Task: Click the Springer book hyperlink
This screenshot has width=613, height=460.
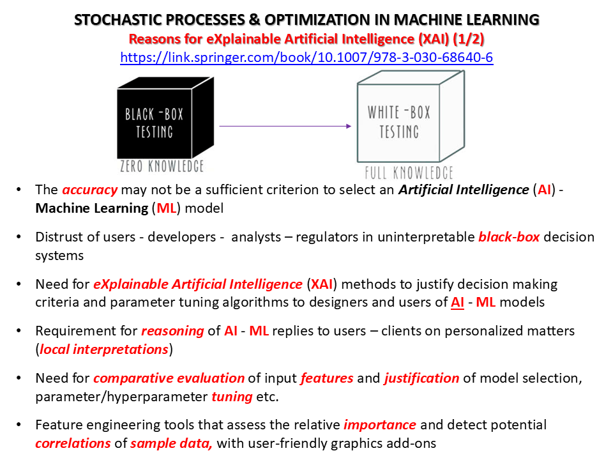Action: (x=306, y=57)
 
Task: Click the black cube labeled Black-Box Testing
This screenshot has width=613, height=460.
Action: (x=165, y=118)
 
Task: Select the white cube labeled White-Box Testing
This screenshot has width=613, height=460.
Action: (x=411, y=116)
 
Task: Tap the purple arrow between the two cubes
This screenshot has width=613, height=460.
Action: (x=285, y=126)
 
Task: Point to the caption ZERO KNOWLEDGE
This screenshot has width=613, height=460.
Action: (x=162, y=166)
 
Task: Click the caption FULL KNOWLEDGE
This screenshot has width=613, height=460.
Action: (x=409, y=172)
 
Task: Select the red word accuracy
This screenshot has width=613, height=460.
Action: (x=89, y=190)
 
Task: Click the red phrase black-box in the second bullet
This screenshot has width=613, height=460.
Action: (x=509, y=236)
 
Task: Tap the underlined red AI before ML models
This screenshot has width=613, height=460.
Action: (x=457, y=302)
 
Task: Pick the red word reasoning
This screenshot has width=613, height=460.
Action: (x=172, y=331)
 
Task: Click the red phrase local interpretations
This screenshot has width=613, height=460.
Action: (x=104, y=349)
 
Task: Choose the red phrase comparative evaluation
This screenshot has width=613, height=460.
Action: (x=169, y=378)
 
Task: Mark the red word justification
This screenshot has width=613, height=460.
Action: (x=421, y=378)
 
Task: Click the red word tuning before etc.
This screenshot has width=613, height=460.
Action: (x=232, y=397)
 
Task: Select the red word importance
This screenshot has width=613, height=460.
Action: (x=379, y=424)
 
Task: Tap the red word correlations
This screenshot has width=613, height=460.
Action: (x=73, y=443)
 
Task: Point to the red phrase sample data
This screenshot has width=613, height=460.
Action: (x=171, y=443)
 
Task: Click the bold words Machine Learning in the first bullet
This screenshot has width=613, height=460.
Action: (x=92, y=208)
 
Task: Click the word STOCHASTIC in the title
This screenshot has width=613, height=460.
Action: (x=118, y=20)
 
